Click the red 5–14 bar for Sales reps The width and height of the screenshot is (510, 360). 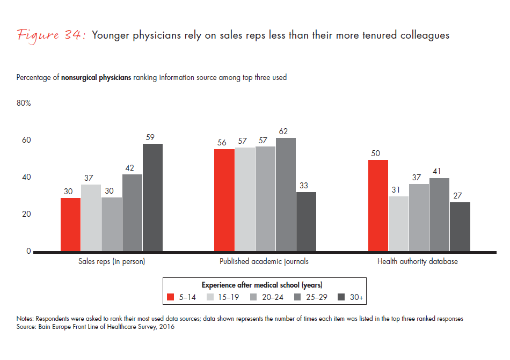point(70,224)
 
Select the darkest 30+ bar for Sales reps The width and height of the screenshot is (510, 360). point(152,197)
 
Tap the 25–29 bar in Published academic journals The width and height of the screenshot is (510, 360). point(285,195)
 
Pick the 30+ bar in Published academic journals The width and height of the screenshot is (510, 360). point(305,222)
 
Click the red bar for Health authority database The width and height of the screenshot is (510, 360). point(378,205)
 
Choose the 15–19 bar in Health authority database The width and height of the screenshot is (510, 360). point(398,224)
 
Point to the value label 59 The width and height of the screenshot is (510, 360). point(152,137)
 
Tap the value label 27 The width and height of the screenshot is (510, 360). point(460,196)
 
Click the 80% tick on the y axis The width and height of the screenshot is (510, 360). point(24,104)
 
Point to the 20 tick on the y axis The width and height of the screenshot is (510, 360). point(26,214)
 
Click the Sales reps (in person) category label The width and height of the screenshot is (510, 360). point(111,262)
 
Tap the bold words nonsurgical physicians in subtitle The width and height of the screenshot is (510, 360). point(96,77)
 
